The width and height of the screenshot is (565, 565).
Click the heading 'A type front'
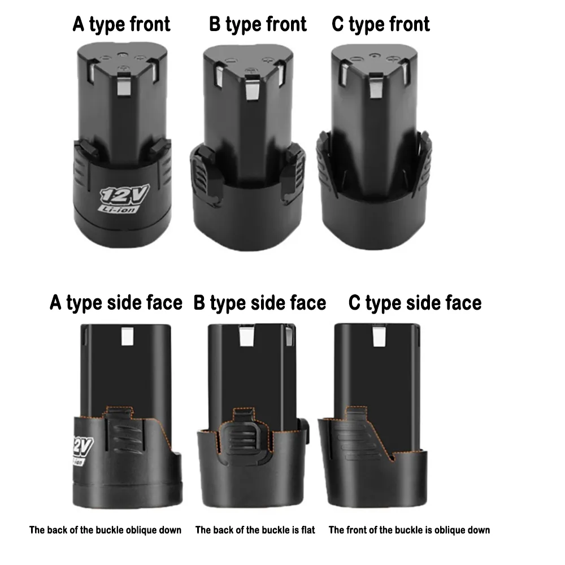(121, 24)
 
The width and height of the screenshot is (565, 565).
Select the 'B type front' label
(258, 24)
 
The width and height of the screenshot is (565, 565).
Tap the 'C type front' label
(381, 24)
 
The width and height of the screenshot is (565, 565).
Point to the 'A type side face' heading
(116, 303)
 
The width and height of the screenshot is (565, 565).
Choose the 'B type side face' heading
(260, 303)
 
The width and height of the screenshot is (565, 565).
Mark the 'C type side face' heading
(415, 303)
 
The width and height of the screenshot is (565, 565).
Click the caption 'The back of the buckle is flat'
(255, 530)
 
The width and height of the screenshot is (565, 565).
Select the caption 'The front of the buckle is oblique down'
(409, 530)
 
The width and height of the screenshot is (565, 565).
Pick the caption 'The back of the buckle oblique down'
(106, 530)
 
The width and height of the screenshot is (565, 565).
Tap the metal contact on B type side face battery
(247, 338)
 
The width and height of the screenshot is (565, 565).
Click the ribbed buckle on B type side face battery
(241, 438)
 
